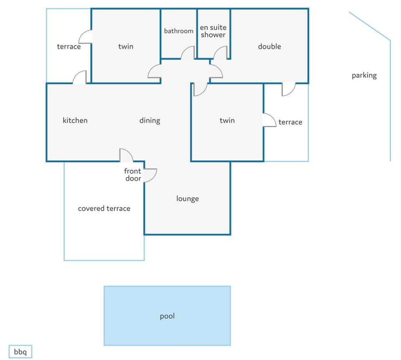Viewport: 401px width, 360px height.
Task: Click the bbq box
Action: click(x=20, y=352)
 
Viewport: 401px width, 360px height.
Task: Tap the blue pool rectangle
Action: click(x=167, y=316)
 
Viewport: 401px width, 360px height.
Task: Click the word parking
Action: click(x=364, y=76)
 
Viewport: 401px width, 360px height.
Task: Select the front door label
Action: click(x=133, y=175)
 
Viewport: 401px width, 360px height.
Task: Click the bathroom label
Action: click(x=178, y=31)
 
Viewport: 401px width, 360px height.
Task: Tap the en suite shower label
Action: click(x=213, y=31)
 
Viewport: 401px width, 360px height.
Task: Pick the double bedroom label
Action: click(x=269, y=46)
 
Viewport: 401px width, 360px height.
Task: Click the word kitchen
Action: click(x=75, y=120)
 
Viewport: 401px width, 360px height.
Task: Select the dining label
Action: click(x=150, y=120)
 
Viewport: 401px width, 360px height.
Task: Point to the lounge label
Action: click(x=188, y=199)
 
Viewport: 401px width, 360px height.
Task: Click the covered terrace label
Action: click(x=104, y=208)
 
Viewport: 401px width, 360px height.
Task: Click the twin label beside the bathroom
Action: click(x=126, y=46)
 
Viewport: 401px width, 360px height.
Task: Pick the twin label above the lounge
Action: click(x=227, y=120)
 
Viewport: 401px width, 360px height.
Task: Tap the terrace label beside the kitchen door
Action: click(x=69, y=46)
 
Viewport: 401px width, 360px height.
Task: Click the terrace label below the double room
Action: click(x=290, y=122)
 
